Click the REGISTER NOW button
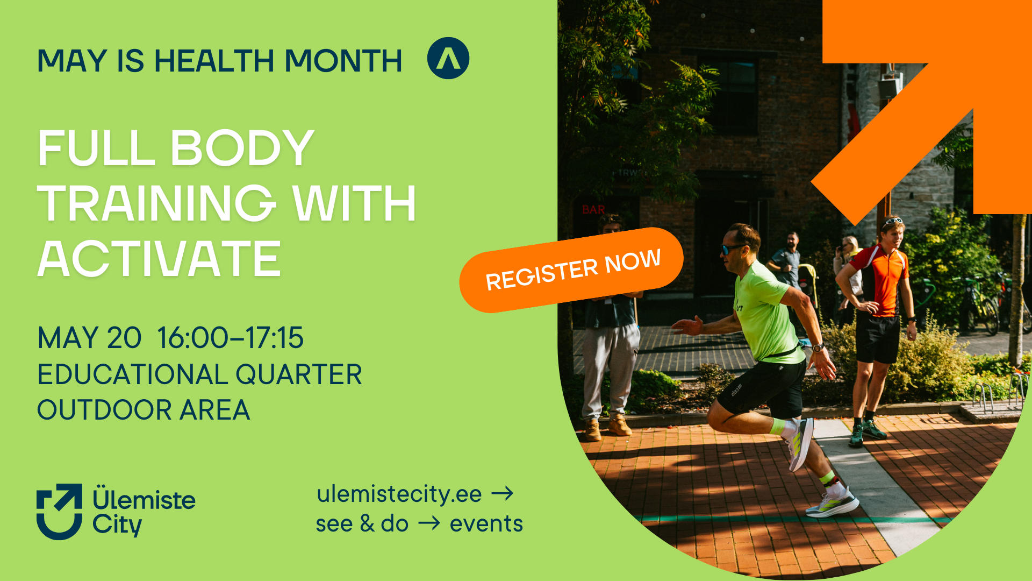pos(571,270)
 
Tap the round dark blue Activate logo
pos(448,58)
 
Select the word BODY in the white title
pos(242,148)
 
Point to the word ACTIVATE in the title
pos(159,259)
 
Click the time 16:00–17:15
pos(230,338)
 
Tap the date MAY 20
pos(89,338)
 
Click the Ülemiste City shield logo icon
pos(59,511)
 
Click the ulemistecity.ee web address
pos(399,494)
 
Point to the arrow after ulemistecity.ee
pos(503,493)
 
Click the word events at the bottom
pos(486,523)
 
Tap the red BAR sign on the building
pos(593,210)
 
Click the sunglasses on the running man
pos(732,249)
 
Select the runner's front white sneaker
pos(832,504)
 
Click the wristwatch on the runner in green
pos(818,348)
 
